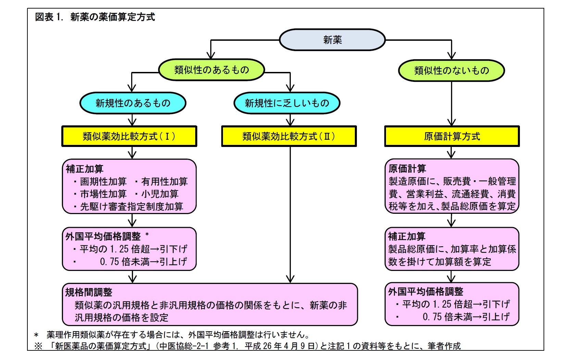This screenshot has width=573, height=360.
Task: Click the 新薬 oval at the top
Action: tap(332, 40)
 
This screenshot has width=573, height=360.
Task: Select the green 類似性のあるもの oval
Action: tap(211, 70)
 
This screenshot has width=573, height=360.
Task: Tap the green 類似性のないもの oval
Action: tap(451, 71)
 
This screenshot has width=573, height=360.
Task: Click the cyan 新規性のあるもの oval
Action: tap(133, 103)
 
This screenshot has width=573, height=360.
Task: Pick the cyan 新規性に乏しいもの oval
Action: tap(287, 103)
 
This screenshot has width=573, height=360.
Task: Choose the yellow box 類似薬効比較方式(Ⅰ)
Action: tap(129, 136)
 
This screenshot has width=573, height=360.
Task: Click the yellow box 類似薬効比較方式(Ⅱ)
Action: tap(289, 136)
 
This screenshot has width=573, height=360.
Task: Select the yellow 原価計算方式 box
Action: tap(452, 136)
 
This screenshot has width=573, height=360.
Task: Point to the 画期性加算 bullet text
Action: tap(103, 182)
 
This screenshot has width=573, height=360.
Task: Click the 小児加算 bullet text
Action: tap(160, 194)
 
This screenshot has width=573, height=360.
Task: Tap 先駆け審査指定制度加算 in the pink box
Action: tap(132, 207)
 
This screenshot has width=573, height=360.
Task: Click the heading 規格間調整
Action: tap(89, 292)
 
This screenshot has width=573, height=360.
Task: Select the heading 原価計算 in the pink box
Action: tap(407, 169)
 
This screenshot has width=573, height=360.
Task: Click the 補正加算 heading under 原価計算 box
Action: tap(407, 236)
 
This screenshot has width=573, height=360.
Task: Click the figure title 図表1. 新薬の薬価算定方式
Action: tap(95, 17)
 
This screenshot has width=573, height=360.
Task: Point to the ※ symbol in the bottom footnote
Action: tap(38, 346)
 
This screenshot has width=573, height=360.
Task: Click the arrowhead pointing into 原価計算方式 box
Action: tap(451, 122)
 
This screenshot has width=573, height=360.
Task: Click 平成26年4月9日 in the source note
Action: tap(279, 346)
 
